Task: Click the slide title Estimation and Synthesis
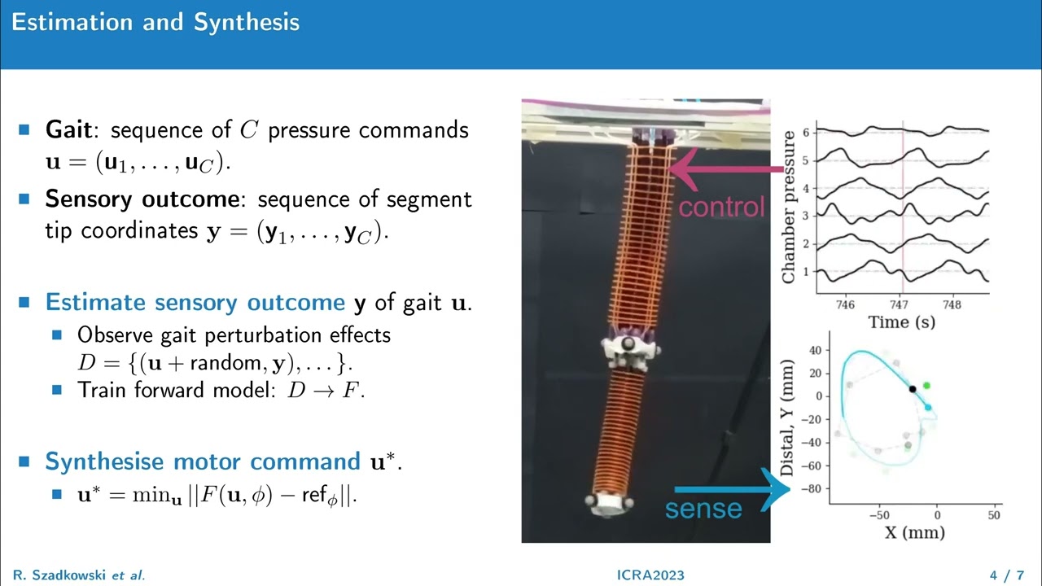[x=155, y=22]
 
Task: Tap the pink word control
[x=721, y=207]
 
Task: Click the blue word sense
[x=703, y=509]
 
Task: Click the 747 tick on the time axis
[x=899, y=304]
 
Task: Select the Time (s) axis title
[x=901, y=322]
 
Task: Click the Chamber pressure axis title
[x=788, y=207]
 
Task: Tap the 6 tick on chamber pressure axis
[x=805, y=132]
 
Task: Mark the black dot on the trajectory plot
[x=913, y=389]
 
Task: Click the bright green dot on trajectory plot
[x=926, y=385]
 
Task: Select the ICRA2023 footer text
[x=651, y=575]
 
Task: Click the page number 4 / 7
[x=1006, y=575]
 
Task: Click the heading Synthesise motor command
[x=202, y=461]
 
